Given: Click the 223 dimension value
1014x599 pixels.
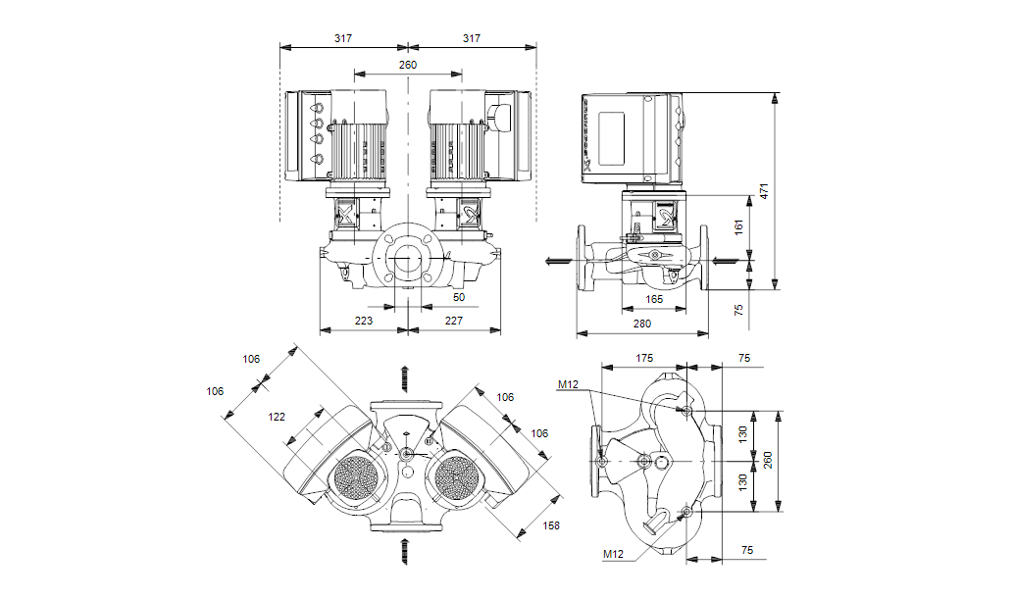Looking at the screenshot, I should click(364, 320).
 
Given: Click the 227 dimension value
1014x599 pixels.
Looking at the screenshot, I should click(453, 320).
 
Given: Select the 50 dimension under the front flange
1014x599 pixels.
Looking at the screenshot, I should click(459, 296).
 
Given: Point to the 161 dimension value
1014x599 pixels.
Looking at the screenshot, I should click(739, 226).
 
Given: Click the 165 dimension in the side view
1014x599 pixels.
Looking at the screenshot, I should click(654, 299).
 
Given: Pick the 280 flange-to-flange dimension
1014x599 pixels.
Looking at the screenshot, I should click(642, 323).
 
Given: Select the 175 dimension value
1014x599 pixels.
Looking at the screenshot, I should click(644, 359).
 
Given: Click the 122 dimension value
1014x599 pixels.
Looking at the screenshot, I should click(278, 417).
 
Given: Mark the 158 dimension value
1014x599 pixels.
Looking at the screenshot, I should click(552, 525).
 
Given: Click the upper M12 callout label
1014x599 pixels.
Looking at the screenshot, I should click(569, 385).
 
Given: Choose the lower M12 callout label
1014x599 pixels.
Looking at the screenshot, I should click(613, 554).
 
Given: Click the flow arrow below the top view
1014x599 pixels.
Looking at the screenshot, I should click(403, 551).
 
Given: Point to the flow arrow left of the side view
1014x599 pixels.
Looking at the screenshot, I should click(557, 261).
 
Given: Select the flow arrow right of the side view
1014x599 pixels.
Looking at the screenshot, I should click(723, 260).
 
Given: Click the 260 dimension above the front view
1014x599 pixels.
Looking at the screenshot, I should click(408, 65).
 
